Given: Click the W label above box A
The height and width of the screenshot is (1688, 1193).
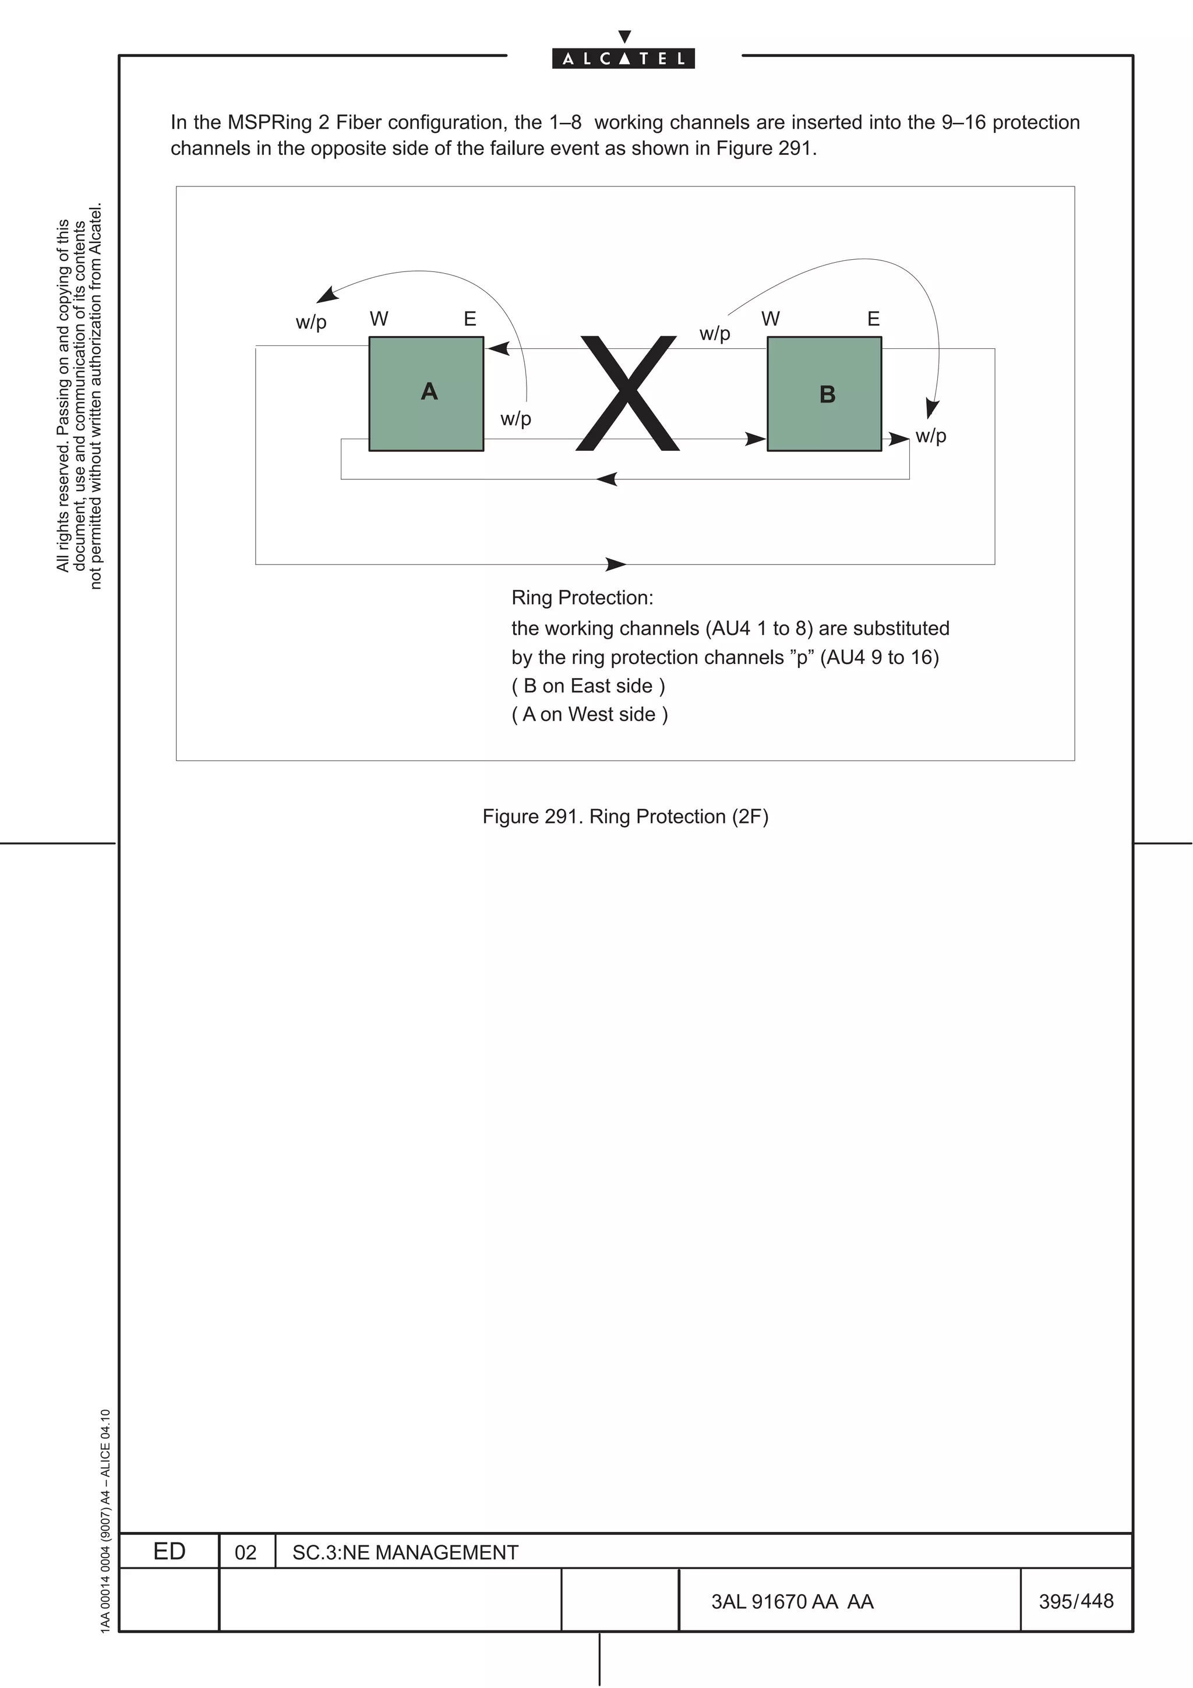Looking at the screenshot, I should [379, 319].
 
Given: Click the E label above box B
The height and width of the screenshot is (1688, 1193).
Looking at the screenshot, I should [873, 319].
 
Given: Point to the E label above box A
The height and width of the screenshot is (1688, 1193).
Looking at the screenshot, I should [470, 319].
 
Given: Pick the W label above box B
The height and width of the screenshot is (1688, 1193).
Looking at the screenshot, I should [770, 319].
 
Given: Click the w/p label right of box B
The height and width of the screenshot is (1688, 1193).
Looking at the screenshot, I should [931, 436].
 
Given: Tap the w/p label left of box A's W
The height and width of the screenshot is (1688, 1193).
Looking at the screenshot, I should [311, 322].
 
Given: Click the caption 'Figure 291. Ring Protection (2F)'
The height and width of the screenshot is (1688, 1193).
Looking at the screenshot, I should [625, 817].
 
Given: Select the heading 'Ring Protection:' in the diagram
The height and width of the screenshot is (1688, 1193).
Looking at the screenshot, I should [582, 598].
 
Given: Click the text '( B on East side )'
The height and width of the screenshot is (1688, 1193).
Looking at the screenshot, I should [588, 686].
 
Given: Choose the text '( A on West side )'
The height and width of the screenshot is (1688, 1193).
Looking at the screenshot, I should [590, 715].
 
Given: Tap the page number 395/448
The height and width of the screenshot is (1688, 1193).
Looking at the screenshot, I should [1076, 1601].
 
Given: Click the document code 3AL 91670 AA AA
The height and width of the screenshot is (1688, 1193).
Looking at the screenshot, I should [792, 1602].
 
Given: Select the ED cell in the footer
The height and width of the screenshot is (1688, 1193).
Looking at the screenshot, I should [169, 1551].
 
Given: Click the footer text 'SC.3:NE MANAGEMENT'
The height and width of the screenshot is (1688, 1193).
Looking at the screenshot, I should [405, 1553].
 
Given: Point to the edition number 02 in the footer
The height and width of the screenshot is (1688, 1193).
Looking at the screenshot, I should [245, 1553].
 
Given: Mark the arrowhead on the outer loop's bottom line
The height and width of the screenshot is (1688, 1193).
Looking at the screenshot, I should [615, 564].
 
